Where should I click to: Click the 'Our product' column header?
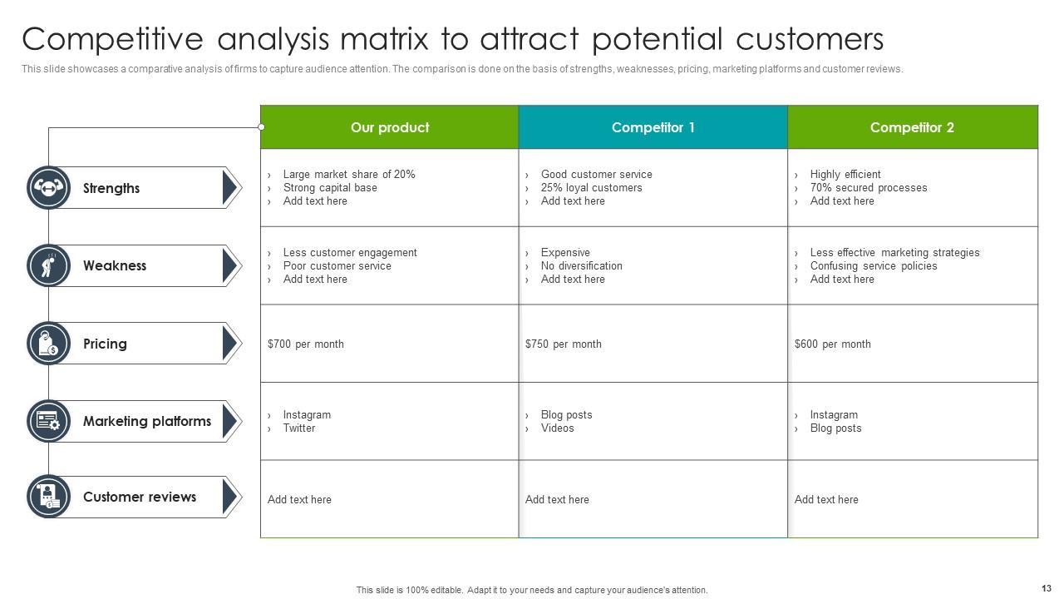389,127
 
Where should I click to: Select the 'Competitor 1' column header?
653,127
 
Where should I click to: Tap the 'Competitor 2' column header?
912,127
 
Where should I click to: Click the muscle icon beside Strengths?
48,187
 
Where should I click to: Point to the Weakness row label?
115,265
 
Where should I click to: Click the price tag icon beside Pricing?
48,344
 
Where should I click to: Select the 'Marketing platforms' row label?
146,421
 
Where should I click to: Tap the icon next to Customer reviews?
48,497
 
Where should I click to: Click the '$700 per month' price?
306,344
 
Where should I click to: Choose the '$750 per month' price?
564,344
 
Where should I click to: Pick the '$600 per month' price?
833,344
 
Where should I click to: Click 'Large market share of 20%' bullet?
348,174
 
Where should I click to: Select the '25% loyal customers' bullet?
591,187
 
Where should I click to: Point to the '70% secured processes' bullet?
868,187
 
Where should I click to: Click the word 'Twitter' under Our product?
299,428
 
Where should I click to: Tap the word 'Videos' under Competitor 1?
557,428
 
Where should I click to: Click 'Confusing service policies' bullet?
873,265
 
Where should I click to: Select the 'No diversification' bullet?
581,265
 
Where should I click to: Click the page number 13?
1046,588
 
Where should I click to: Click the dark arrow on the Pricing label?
229,344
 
